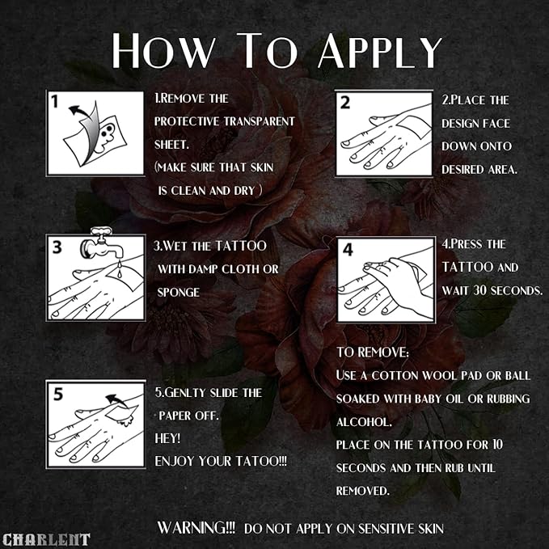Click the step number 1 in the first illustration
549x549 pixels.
[x=56, y=103]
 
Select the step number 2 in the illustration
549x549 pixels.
[x=344, y=102]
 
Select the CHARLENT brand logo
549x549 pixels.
[x=46, y=539]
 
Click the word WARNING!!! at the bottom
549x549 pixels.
[x=196, y=528]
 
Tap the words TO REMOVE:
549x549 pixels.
[x=373, y=353]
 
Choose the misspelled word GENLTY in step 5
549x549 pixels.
[x=188, y=393]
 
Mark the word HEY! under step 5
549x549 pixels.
[x=166, y=437]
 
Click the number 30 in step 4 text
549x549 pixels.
[x=488, y=289]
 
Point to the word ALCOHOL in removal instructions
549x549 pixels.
[x=364, y=422]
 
